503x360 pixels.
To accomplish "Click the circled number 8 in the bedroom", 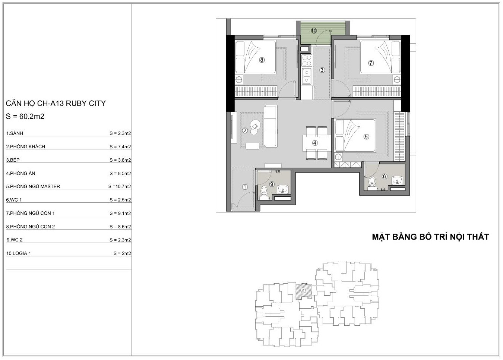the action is pos(262,60).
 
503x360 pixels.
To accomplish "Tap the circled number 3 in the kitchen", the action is pos(322,70).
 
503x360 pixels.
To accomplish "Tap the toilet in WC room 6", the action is pos(372,181).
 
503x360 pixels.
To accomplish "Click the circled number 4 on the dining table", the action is pos(315,143).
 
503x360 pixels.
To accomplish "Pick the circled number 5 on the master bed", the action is pos(366,136).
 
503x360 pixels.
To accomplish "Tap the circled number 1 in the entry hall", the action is pos(245,187).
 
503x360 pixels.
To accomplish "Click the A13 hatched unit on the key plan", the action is pos(304,291).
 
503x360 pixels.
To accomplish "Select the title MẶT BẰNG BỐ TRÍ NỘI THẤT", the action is pos(430,237).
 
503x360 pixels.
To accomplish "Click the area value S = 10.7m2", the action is pos(120,186).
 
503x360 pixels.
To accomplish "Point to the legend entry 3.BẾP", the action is pos(13,160).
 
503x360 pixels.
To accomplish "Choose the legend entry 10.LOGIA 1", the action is pos(18,253).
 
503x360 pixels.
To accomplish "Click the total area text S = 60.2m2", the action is pos(25,116).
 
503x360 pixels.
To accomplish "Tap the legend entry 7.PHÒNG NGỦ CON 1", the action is pos(30,213).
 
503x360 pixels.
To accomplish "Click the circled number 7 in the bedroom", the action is pos(371,63).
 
